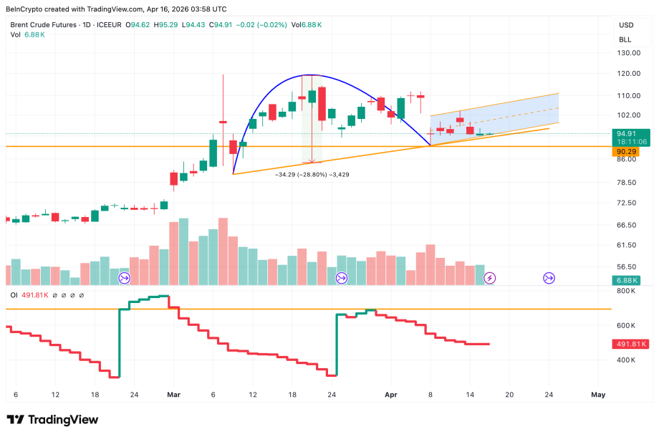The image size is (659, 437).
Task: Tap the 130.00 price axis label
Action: [x=628, y=53]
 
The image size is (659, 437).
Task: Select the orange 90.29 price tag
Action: [x=630, y=152]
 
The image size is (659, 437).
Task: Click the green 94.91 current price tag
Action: [x=630, y=133]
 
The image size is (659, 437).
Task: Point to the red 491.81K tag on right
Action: [x=631, y=345]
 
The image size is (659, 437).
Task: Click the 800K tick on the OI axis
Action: [x=627, y=291]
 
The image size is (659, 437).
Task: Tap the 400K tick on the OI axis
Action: [x=627, y=360]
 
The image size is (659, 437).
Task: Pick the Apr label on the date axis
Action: [x=390, y=394]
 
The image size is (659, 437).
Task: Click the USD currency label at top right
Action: [x=626, y=26]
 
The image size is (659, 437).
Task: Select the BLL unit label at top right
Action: [x=625, y=39]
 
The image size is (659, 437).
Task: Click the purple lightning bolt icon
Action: [x=490, y=277]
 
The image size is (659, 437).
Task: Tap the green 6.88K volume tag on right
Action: [x=629, y=280]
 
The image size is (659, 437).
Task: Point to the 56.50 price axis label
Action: [x=628, y=266]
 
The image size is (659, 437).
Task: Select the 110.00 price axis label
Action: [x=628, y=95]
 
